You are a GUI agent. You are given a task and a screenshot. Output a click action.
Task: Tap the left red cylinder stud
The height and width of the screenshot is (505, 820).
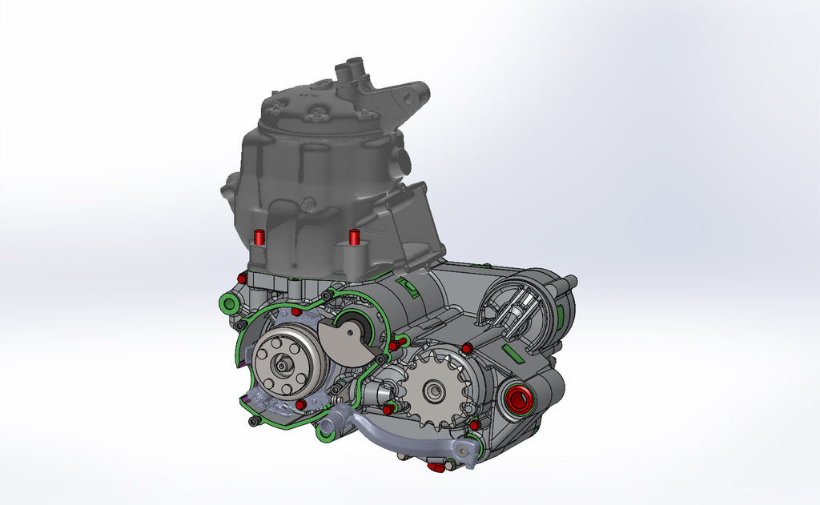(259, 238)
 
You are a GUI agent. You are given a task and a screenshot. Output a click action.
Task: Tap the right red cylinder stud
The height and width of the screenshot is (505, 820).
(354, 238)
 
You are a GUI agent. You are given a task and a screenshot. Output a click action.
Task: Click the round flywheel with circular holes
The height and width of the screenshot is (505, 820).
(283, 364)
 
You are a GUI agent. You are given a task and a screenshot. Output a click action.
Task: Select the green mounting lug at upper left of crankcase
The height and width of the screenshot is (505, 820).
(229, 303)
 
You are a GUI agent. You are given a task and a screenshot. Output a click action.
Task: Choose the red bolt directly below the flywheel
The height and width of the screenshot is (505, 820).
(300, 405)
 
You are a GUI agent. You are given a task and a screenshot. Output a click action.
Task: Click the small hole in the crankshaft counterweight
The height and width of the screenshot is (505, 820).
(353, 329)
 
